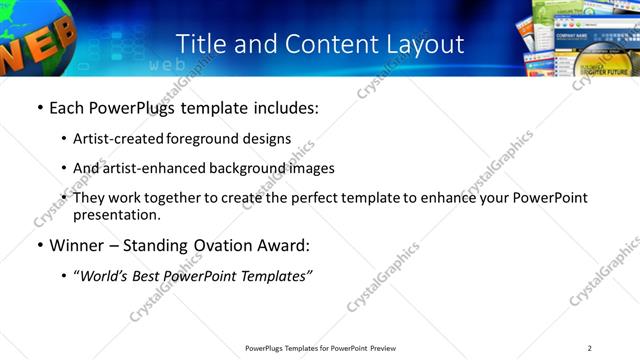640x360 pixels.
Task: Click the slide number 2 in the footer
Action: coord(589,347)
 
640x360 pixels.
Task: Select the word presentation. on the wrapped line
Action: coord(116,214)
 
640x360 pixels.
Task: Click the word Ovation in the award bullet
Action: coord(227,245)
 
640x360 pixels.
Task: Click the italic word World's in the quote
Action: coord(107,276)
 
